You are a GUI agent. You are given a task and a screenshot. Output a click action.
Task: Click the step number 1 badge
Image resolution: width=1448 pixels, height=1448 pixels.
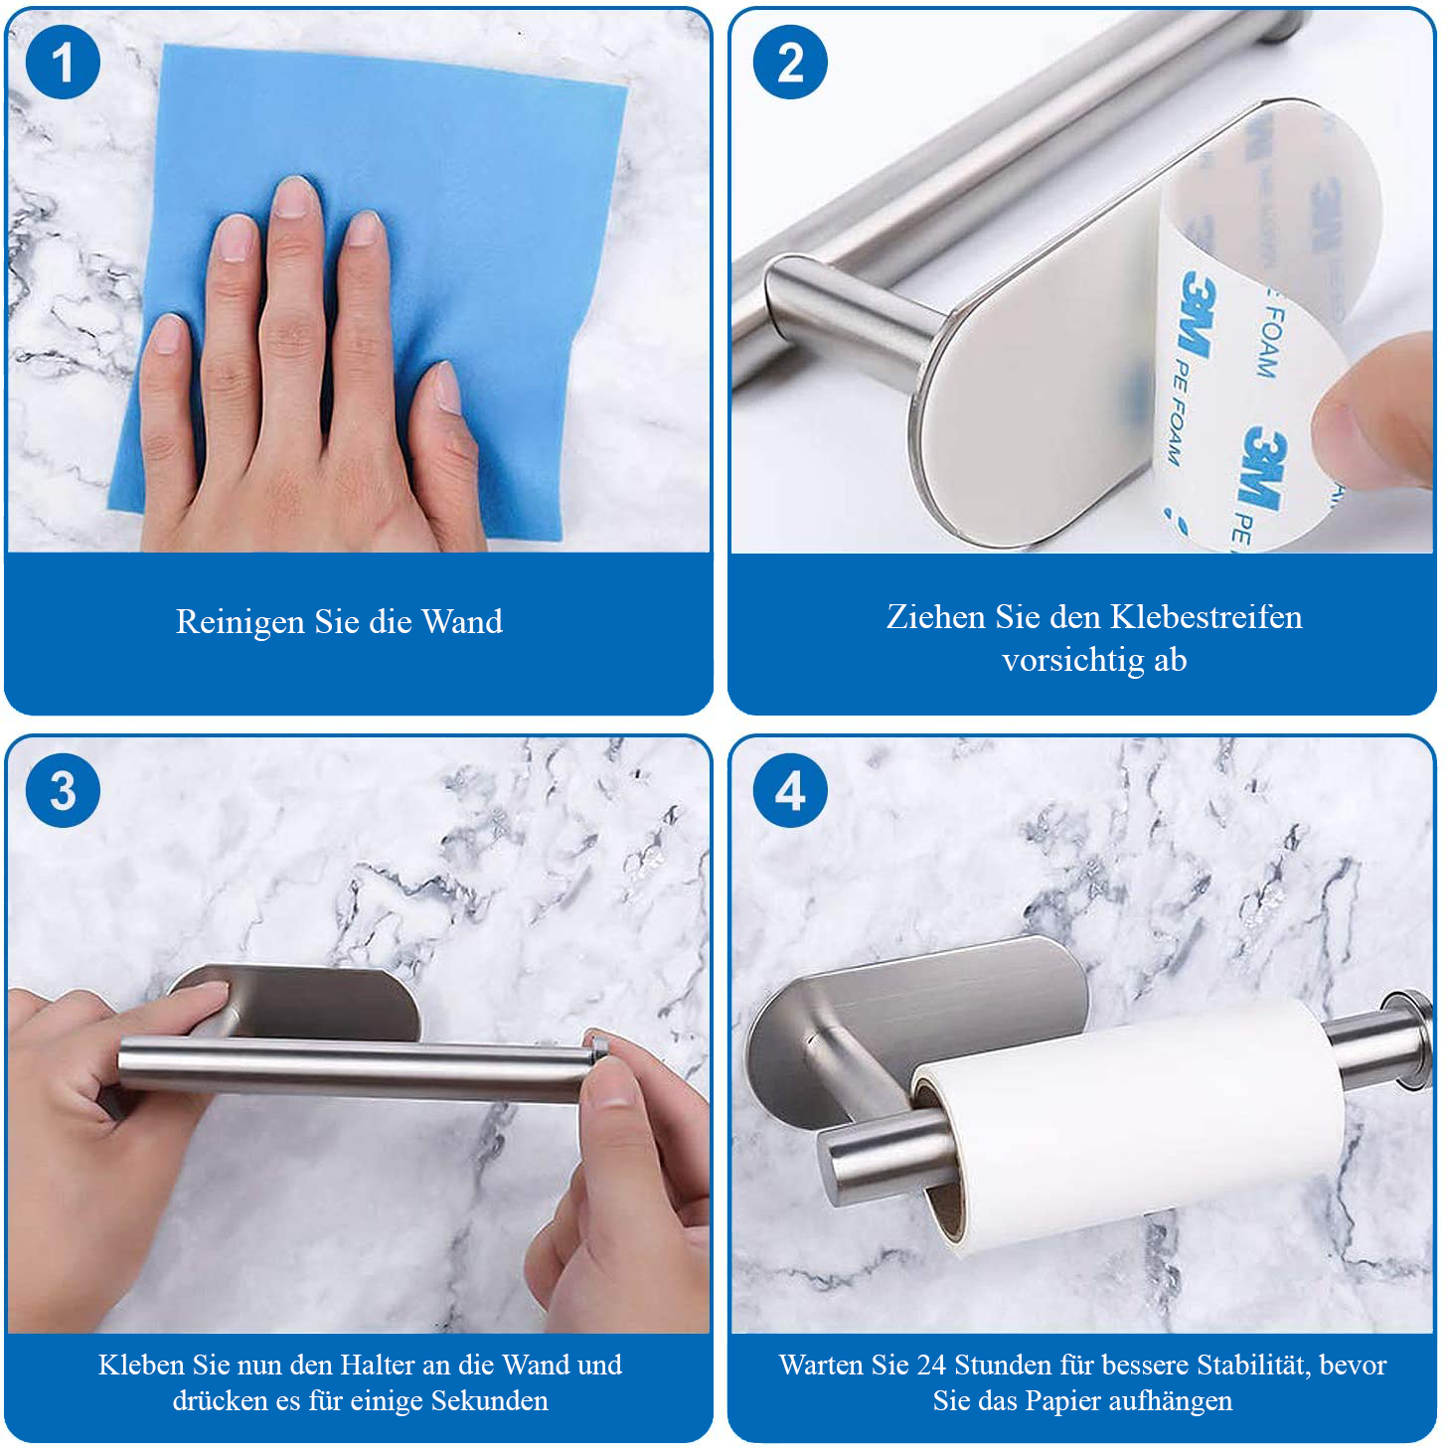pyautogui.click(x=63, y=63)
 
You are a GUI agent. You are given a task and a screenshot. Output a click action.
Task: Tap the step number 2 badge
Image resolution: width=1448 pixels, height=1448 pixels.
pyautogui.click(x=790, y=63)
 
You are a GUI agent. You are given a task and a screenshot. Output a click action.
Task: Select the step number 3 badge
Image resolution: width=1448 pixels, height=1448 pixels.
pyautogui.click(x=63, y=790)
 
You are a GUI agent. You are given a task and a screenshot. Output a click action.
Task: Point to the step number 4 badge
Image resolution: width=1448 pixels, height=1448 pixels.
pyautogui.click(x=790, y=790)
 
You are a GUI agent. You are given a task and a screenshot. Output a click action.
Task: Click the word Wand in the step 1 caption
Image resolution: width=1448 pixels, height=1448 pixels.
pyautogui.click(x=461, y=621)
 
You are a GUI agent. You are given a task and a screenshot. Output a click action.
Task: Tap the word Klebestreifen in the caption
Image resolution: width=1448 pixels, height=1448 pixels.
pyautogui.click(x=1207, y=617)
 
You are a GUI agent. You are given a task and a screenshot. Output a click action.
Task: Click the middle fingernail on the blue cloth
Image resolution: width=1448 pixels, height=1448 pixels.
pyautogui.click(x=294, y=197)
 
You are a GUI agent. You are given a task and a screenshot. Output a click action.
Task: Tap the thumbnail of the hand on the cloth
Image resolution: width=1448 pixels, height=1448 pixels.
pyautogui.click(x=448, y=387)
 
